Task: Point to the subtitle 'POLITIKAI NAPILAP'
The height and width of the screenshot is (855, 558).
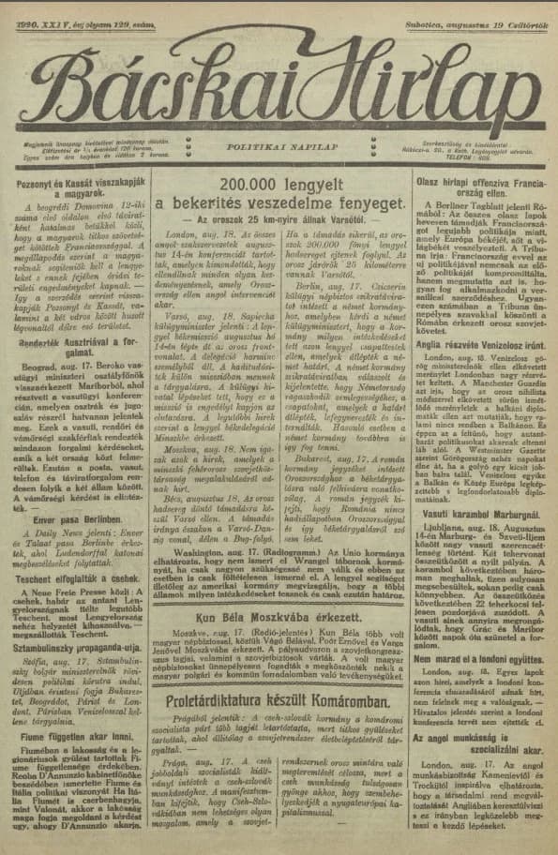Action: click(x=279, y=146)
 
